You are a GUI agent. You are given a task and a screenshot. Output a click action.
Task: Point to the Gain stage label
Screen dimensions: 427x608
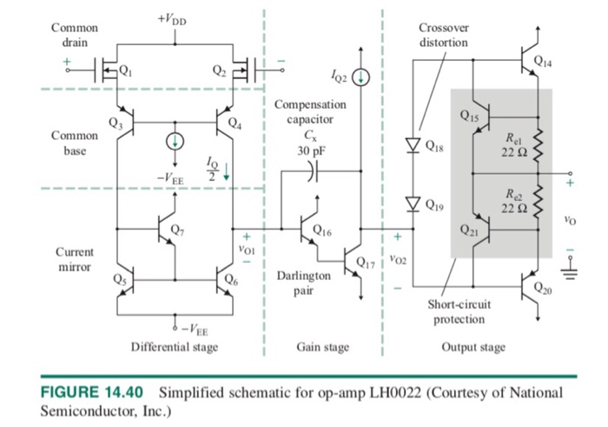323,347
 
